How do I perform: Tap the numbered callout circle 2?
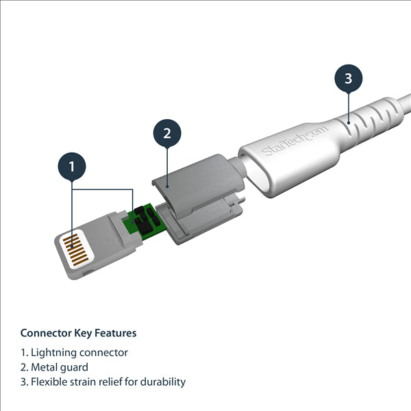tap(166, 133)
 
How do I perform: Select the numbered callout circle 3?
tap(348, 78)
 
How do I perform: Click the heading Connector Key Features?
tap(78, 333)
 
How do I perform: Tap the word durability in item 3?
tap(163, 382)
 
